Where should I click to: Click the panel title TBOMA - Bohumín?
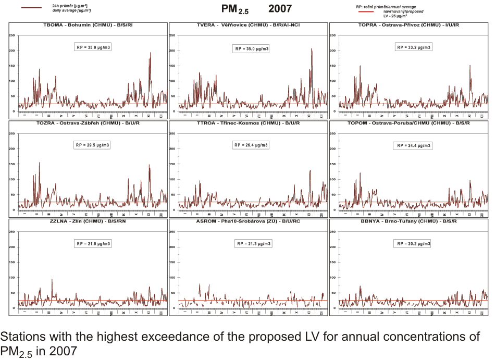click(88, 26)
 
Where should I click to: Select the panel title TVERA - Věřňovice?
click(248, 26)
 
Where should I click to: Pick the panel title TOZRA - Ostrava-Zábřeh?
click(88, 123)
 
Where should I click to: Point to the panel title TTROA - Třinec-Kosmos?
click(248, 123)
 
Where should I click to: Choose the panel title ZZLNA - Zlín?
click(88, 221)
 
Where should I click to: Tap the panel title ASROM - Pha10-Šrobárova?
click(248, 221)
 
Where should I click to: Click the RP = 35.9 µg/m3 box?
click(93, 47)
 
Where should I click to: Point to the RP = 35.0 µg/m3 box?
click(251, 48)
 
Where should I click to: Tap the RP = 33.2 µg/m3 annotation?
click(414, 47)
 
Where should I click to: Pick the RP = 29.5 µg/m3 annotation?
click(92, 145)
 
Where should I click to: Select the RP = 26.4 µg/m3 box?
click(251, 145)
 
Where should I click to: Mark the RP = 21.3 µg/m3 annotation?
click(254, 243)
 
